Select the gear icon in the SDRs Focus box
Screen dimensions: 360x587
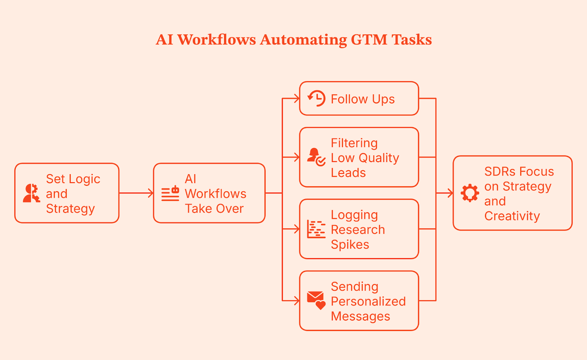point(470,193)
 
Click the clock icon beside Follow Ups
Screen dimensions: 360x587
point(316,99)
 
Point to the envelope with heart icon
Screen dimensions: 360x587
point(316,300)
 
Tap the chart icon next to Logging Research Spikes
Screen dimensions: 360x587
point(316,229)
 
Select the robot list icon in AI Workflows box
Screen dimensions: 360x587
point(170,193)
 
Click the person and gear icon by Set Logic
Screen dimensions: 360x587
point(32,193)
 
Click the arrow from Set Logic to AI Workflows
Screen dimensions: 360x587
point(136,193)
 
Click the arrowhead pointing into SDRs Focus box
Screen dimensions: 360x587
point(451,193)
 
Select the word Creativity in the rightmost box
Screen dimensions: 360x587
point(512,216)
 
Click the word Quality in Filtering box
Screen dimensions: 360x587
point(379,158)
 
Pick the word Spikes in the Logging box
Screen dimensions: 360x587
point(350,244)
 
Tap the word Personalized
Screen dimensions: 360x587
point(368,301)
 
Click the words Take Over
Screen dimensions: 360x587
point(214,208)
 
